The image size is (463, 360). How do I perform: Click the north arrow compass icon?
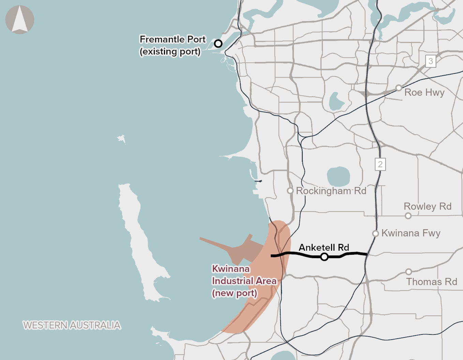pos(20,20)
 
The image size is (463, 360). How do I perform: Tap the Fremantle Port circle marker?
pos(218,44)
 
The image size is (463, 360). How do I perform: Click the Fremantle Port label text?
pos(172,45)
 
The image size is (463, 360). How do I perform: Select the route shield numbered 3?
pos(431,61)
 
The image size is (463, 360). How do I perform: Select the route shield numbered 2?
pos(380,164)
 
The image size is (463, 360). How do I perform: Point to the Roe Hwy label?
pos(424,93)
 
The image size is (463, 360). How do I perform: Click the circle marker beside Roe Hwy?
pos(399,88)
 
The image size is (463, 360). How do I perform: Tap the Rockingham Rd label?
pos(331,191)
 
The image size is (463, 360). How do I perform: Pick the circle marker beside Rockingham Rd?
pos(290,191)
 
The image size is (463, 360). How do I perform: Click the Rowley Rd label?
pos(427,206)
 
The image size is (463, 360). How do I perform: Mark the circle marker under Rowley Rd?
pos(408,216)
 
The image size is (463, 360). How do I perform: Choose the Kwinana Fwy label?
pos(411,233)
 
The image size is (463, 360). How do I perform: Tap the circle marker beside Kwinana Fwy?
pos(375,233)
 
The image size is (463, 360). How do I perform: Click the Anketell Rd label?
pos(324,247)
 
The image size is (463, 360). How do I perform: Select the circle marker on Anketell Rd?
pos(324,257)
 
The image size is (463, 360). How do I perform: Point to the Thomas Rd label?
pos(431,282)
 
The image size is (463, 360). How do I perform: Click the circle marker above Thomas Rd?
pos(408,272)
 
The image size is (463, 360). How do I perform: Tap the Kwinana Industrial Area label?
pos(244,281)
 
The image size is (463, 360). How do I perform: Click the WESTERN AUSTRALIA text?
pos(72,325)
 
